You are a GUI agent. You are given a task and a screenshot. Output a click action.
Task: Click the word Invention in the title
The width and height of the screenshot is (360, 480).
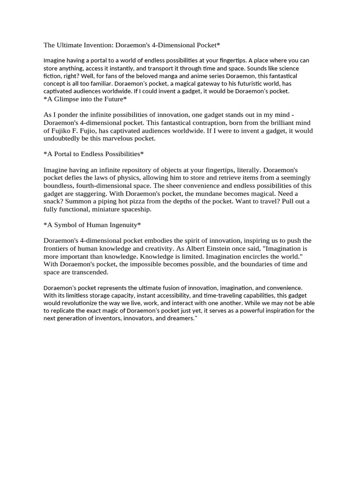click(98, 45)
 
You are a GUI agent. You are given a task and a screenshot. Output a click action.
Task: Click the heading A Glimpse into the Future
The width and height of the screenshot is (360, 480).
click(85, 99)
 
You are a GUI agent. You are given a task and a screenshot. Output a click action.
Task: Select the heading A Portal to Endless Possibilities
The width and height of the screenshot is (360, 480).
click(93, 154)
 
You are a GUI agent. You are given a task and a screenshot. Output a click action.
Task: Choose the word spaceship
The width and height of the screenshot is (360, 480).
click(135, 210)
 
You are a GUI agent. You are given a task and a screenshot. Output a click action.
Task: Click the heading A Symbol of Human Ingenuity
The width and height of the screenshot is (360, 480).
click(92, 225)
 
